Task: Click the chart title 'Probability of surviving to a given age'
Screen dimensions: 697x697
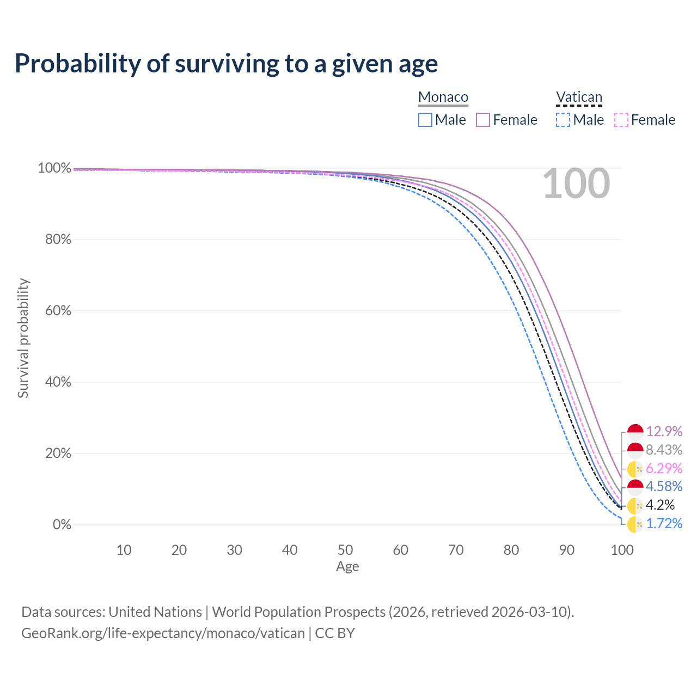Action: tap(226, 64)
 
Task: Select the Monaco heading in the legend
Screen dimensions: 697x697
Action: tap(443, 97)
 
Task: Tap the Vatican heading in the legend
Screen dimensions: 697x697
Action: tap(579, 97)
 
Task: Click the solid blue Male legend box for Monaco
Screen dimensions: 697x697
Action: tap(425, 120)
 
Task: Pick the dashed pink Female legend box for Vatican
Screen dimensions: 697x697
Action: tap(621, 120)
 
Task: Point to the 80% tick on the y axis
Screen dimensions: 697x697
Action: tap(58, 239)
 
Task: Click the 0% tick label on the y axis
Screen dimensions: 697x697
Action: tap(62, 524)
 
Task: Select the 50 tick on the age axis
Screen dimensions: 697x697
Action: tap(345, 550)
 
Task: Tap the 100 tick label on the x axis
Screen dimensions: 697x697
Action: tap(622, 550)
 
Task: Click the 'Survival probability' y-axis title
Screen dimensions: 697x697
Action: tap(23, 338)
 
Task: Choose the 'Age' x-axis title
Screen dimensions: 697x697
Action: tap(347, 566)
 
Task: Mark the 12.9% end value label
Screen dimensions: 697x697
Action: tap(664, 431)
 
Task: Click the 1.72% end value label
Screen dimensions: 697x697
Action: tap(664, 523)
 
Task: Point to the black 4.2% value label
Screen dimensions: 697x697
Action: tap(660, 505)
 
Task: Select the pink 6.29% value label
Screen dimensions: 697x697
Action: tap(664, 468)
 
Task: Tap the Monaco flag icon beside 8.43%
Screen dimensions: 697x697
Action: tap(635, 450)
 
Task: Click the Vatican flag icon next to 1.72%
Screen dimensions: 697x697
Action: tap(635, 524)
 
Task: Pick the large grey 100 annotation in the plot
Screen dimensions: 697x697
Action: tap(576, 184)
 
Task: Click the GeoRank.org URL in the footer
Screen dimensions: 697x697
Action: tap(163, 633)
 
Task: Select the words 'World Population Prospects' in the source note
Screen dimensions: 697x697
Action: tap(298, 612)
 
